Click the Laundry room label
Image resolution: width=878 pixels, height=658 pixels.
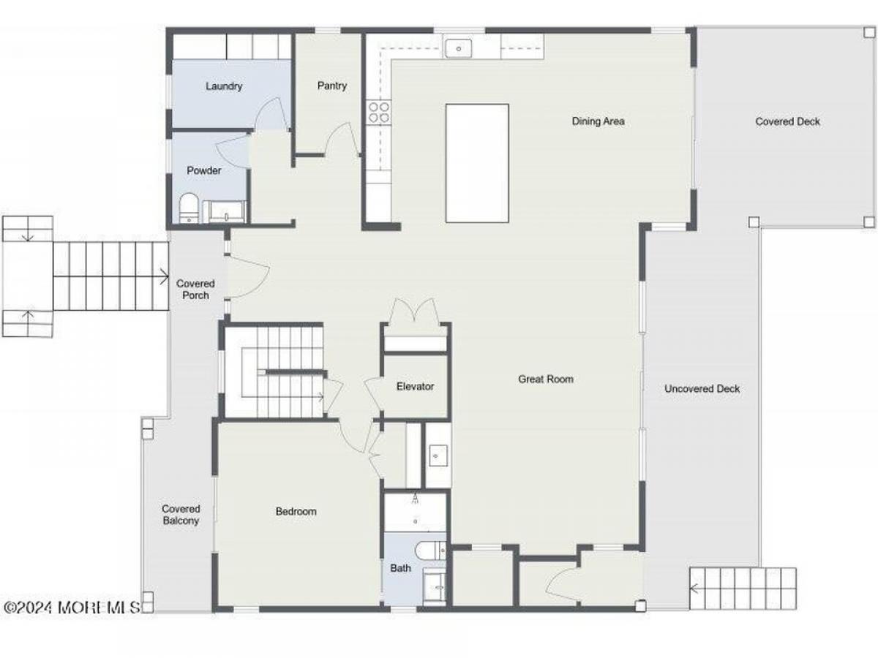[224, 86]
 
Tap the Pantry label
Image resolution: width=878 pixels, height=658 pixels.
[331, 86]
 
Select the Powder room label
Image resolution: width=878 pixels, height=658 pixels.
[203, 170]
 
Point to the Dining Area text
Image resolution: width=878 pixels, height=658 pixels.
[598, 121]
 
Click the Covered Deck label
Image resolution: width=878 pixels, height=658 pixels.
[787, 121]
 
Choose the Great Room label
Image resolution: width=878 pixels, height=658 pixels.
[546, 379]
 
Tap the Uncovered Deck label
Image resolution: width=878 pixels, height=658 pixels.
[702, 389]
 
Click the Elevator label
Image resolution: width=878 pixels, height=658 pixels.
[415, 386]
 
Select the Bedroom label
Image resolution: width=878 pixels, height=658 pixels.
[296, 511]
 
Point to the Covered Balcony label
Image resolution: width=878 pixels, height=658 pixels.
[181, 515]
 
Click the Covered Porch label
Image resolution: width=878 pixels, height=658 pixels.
[195, 290]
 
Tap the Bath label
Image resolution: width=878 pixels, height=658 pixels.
[400, 568]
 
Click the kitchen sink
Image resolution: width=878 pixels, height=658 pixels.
[459, 49]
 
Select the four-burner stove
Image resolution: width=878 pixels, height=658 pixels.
[378, 113]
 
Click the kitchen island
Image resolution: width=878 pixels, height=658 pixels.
[477, 163]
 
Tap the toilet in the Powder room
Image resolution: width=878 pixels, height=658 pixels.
[188, 208]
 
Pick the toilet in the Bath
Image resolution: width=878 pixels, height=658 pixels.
[431, 551]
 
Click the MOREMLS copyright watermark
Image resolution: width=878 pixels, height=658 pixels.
[72, 608]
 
